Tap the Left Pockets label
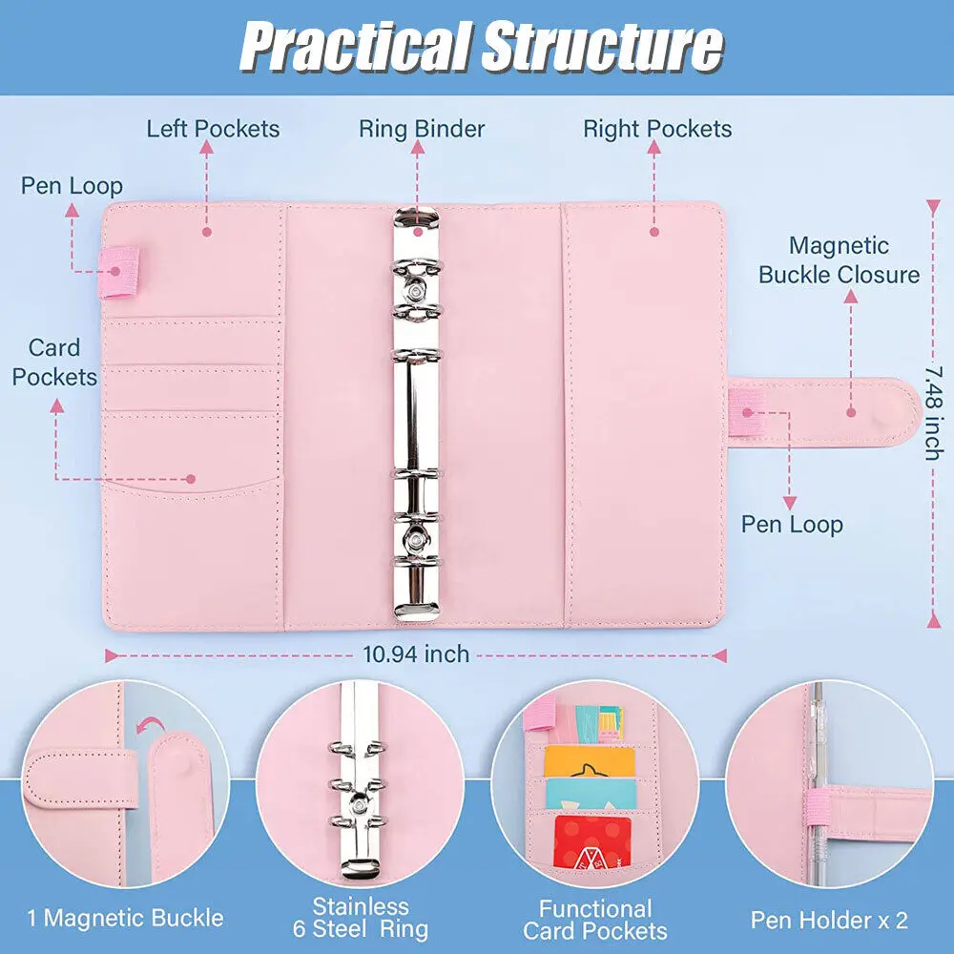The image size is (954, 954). point(213,129)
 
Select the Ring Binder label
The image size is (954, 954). point(422,129)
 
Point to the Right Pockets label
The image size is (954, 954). point(657,129)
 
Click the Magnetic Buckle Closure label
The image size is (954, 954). point(839,260)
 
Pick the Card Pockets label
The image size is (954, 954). point(54,363)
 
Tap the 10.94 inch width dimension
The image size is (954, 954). point(416,654)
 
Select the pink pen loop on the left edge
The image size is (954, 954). point(121,271)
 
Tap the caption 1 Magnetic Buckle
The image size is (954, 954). point(125,919)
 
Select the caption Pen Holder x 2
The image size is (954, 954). point(829,920)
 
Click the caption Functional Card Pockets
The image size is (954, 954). point(595,920)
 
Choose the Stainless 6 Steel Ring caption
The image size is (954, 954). point(360,918)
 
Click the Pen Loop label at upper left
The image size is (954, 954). point(72,185)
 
